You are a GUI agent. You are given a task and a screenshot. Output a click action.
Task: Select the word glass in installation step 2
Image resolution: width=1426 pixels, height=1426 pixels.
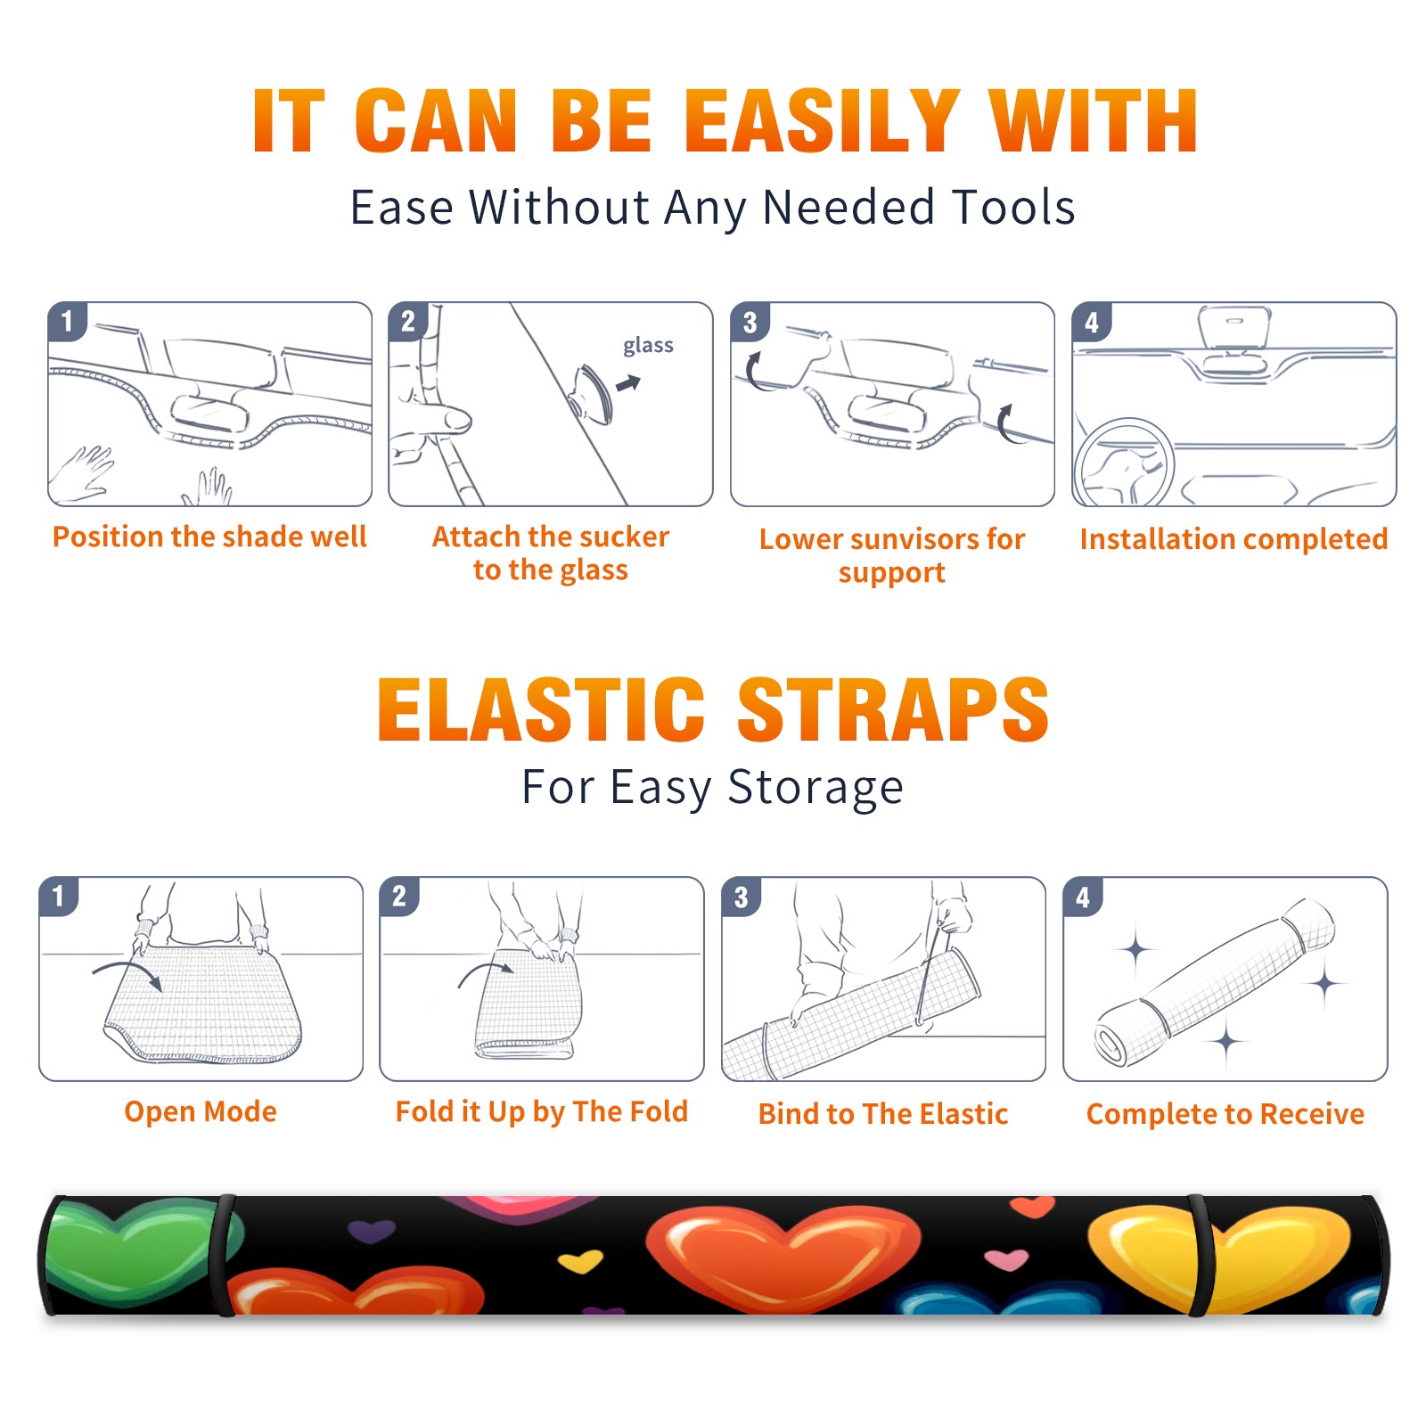(648, 346)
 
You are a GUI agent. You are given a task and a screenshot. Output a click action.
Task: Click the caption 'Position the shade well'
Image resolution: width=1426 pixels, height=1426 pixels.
(209, 537)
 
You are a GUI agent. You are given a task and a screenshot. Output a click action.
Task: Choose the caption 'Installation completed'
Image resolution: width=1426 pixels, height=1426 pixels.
(1233, 539)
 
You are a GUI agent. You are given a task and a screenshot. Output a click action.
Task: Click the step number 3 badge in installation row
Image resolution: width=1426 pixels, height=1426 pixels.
(750, 323)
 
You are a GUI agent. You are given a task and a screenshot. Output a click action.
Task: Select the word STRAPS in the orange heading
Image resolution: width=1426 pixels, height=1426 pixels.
(893, 709)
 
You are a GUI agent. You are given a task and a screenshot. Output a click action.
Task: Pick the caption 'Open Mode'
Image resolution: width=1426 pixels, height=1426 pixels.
(201, 1111)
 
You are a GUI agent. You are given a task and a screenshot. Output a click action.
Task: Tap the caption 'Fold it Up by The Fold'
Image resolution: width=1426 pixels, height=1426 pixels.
(542, 1111)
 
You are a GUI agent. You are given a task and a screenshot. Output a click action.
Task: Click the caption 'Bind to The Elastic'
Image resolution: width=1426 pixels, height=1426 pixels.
(883, 1114)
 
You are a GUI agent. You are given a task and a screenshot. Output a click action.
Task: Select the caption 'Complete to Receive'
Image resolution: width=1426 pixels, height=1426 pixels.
(1225, 1114)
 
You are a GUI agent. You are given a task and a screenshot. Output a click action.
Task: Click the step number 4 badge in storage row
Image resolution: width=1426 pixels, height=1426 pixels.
(1083, 897)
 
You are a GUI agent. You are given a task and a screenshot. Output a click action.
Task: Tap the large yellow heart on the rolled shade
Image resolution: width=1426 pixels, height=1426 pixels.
(1217, 1257)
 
